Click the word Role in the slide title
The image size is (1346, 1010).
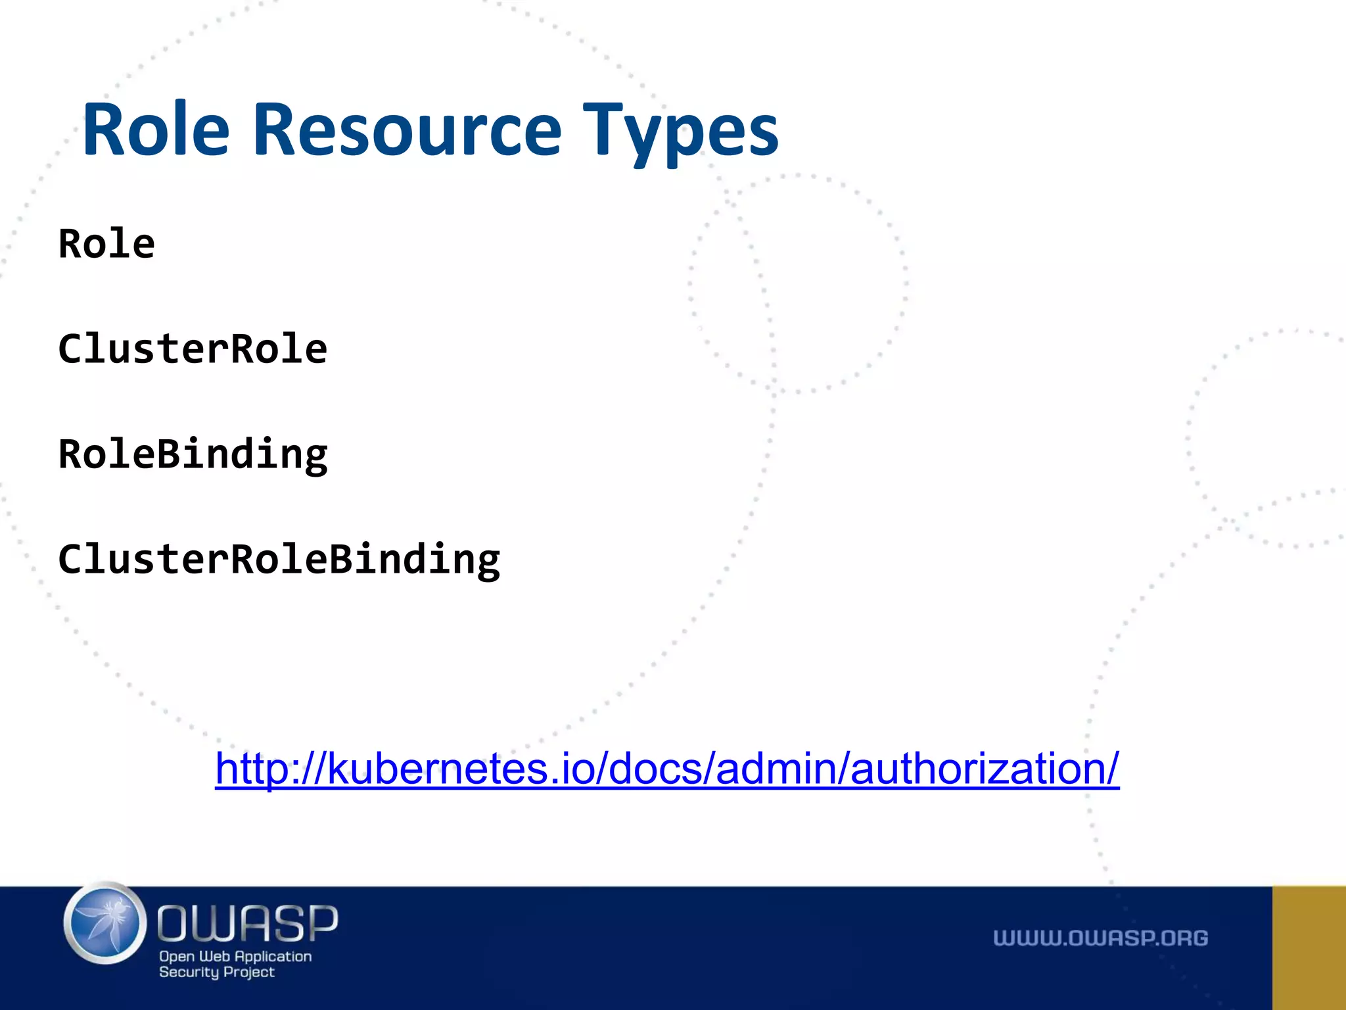(x=156, y=130)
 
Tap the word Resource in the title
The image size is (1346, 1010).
(x=407, y=130)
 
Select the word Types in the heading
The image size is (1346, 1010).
(x=680, y=132)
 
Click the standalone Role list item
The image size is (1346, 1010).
(x=106, y=244)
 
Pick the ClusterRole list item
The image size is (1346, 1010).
(x=193, y=349)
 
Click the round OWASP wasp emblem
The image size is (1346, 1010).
(x=106, y=924)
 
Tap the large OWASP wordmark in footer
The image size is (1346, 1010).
(x=248, y=923)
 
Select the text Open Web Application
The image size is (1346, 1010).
(x=235, y=956)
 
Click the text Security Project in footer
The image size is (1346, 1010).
(x=216, y=972)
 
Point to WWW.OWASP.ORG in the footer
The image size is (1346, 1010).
(x=1100, y=938)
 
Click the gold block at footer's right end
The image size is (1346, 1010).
(x=1309, y=948)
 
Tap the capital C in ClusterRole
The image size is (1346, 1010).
(x=70, y=349)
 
